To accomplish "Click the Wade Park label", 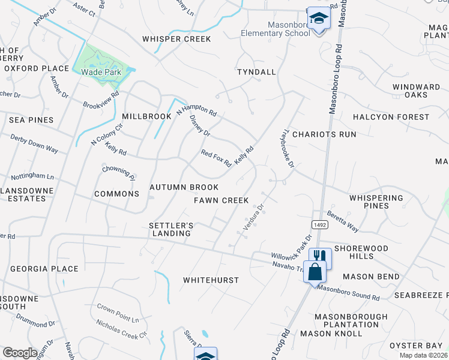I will [101, 73].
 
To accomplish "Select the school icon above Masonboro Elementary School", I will [319, 18].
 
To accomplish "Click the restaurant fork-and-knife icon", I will [319, 256].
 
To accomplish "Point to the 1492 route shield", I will [318, 224].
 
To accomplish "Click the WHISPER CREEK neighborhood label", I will [176, 39].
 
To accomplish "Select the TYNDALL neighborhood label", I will [256, 72].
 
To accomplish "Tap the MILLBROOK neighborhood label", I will [146, 115].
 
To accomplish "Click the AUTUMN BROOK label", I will [184, 188].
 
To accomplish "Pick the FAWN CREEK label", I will [221, 200].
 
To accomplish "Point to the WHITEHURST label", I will [211, 280].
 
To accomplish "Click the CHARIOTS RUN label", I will [324, 134].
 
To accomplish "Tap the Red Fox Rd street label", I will [216, 158].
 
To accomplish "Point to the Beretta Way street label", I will [342, 221].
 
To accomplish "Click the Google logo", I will [20, 353].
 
